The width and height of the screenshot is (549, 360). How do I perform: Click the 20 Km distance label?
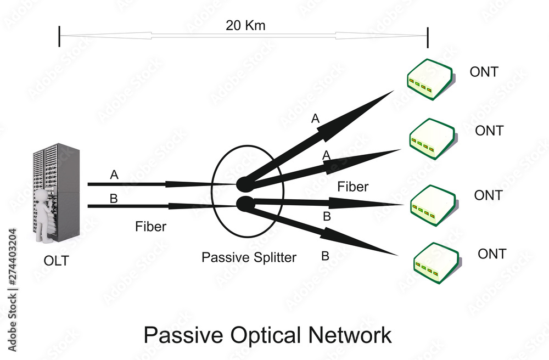245,25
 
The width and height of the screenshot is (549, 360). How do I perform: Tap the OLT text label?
57,261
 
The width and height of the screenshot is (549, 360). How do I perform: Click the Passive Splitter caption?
249,257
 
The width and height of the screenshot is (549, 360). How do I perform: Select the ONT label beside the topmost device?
484,72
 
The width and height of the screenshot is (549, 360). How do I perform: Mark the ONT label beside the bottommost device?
491,254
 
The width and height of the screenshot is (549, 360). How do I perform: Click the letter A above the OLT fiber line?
114,175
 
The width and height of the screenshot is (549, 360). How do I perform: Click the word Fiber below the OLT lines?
150,227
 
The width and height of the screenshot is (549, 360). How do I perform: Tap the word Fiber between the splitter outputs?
352,187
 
